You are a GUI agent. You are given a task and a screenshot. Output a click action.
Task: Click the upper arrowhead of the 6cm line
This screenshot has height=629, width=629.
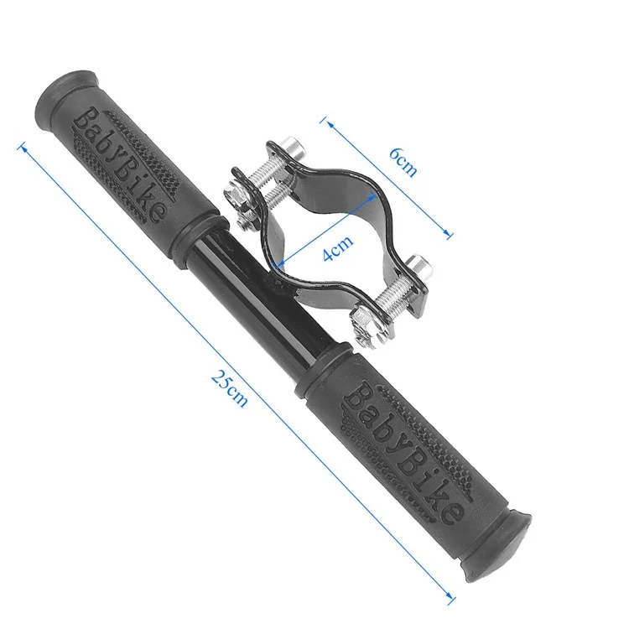(330, 122)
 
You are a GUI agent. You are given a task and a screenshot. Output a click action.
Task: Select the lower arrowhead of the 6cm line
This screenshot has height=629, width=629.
(450, 237)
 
